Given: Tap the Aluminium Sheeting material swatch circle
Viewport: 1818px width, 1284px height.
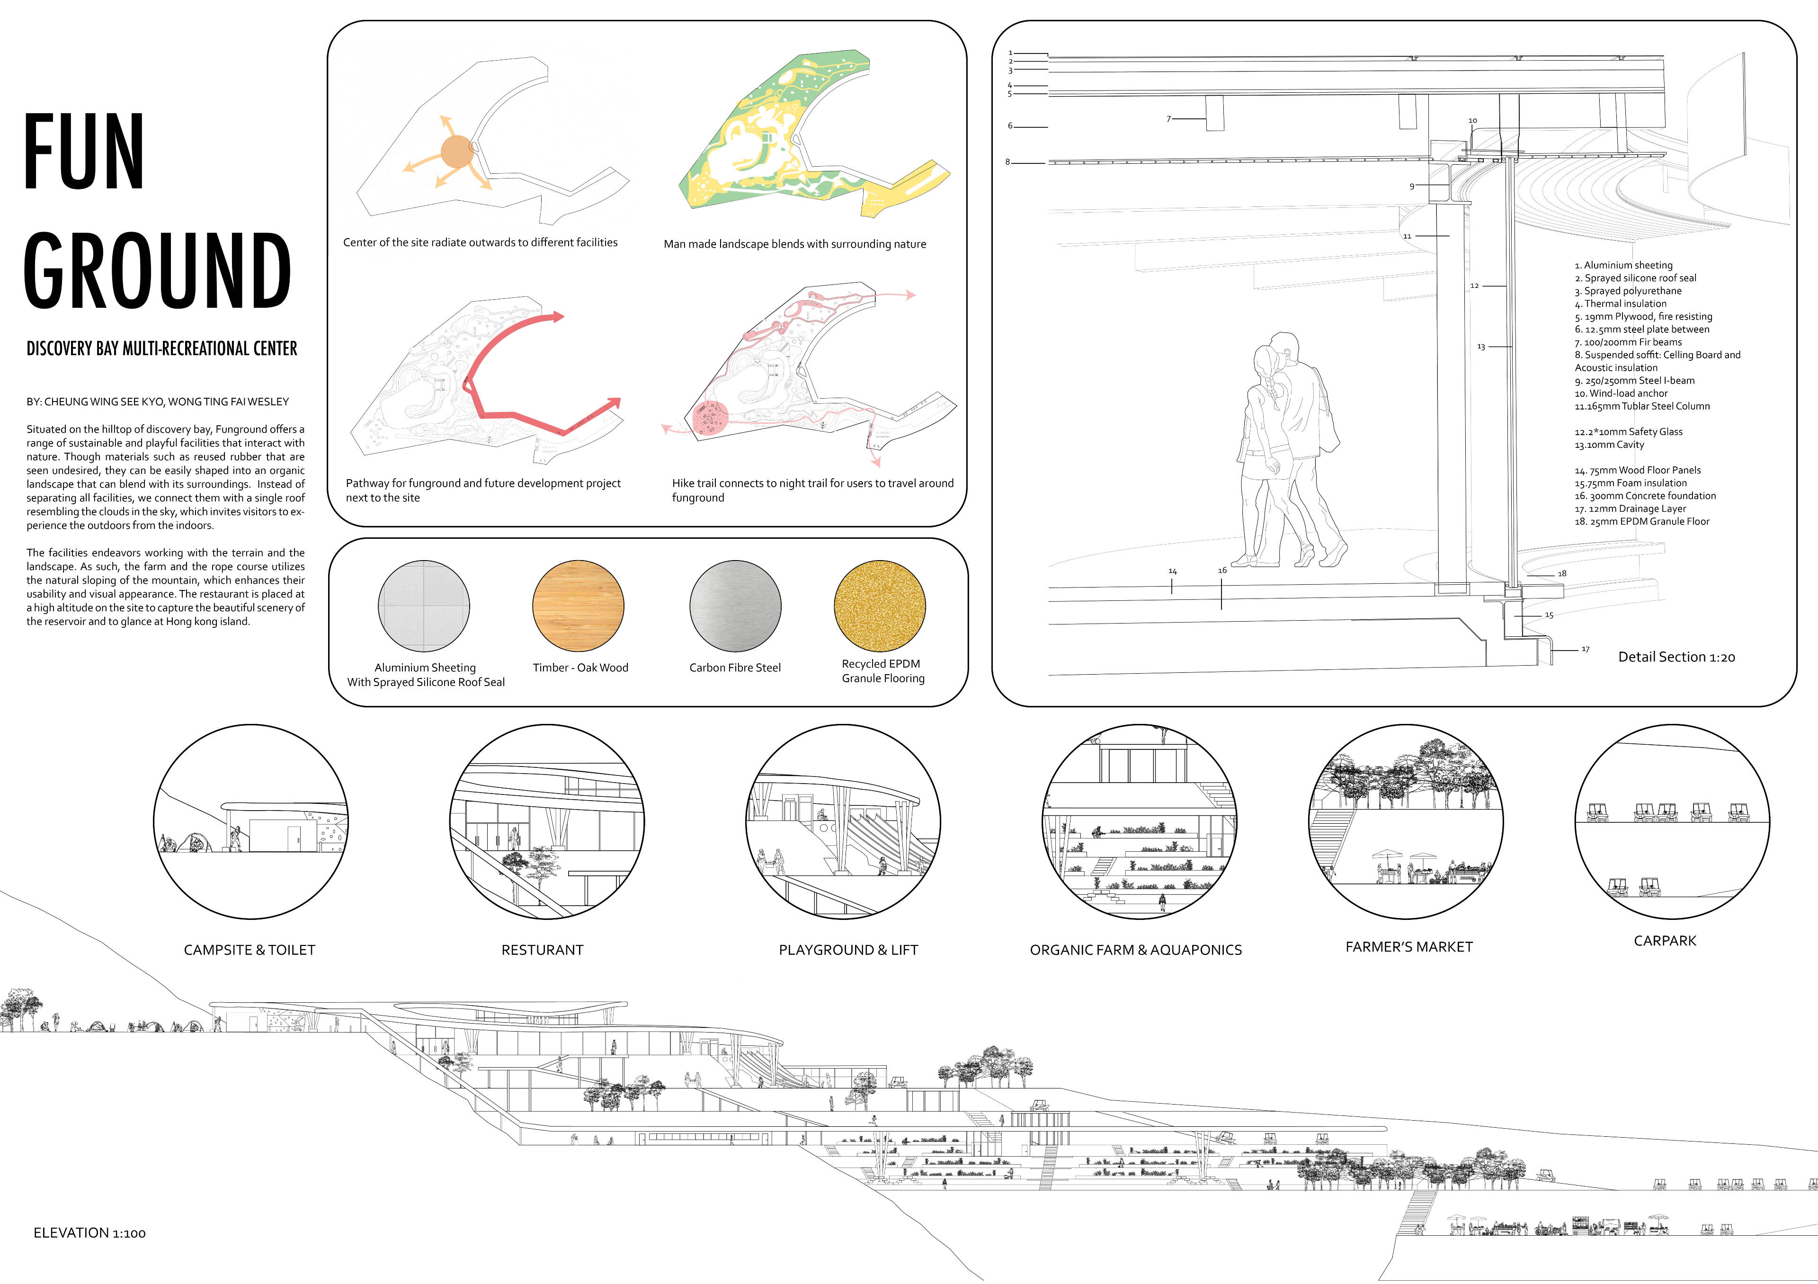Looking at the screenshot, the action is pos(424,606).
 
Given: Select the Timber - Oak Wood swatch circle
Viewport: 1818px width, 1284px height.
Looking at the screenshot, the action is pos(578,606).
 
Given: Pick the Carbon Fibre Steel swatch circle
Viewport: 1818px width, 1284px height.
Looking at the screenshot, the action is pos(735,606).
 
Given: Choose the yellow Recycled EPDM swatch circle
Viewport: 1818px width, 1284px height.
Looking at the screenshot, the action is pos(880,606).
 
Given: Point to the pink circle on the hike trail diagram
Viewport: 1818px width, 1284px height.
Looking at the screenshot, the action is pos(710,419).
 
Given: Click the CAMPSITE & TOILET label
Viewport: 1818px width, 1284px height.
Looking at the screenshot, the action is pos(250,950).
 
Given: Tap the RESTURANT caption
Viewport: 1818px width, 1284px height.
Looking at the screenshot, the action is pos(543,950).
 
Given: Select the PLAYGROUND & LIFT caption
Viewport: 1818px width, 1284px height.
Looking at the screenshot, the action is pos(848,950).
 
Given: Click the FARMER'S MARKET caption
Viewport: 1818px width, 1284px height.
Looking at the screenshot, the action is pos(1409,947).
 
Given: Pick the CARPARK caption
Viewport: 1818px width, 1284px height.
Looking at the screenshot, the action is pos(1665,941).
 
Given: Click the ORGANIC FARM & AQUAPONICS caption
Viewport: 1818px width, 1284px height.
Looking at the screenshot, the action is pos(1135,950).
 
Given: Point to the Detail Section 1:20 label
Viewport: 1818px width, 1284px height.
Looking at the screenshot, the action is pos(1676,657).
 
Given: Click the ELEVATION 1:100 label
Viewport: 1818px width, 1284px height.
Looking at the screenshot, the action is pos(89,1233).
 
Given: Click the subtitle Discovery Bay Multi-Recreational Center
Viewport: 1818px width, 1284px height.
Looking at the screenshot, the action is pos(161,349).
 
